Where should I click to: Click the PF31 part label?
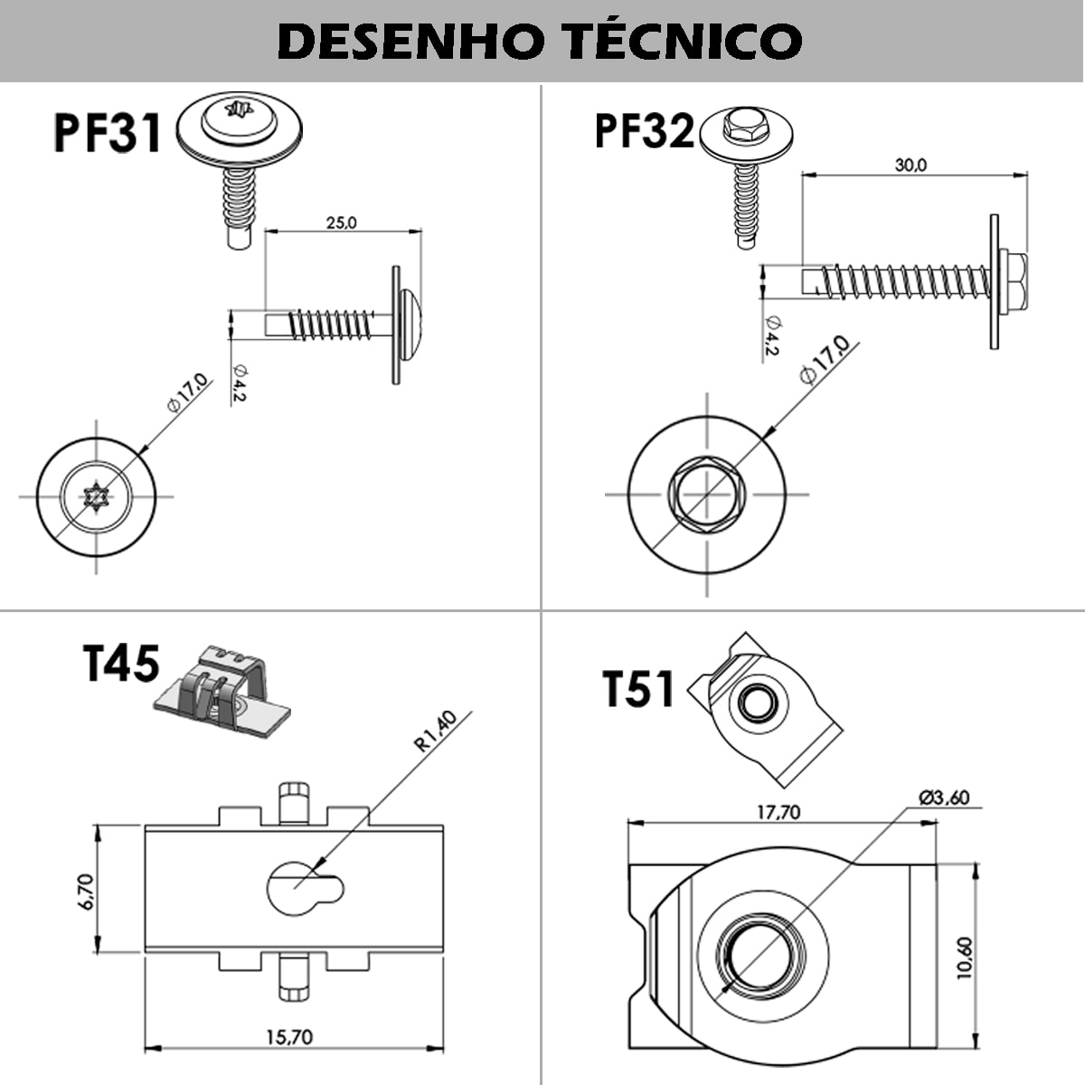[108, 132]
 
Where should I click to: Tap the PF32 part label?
[644, 131]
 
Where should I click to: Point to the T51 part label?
[638, 689]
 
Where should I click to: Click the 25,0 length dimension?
[341, 222]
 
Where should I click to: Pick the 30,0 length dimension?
[910, 165]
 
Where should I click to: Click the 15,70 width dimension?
[290, 1036]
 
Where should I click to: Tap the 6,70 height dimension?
[86, 891]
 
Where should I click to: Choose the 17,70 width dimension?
[778, 812]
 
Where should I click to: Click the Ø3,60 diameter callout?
[943, 797]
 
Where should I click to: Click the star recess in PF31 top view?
[96, 496]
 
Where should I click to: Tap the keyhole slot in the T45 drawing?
[303, 887]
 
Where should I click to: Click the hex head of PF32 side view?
[1014, 280]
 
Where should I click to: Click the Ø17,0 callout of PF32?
[824, 360]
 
